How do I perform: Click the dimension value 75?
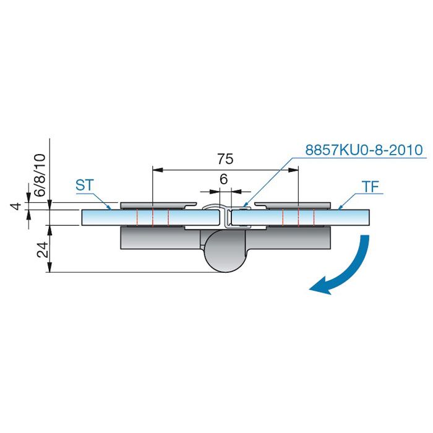[x=225, y=159]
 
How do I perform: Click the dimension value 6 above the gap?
[x=224, y=179]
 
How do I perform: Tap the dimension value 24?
[x=43, y=250]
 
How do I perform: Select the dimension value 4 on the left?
[x=17, y=206]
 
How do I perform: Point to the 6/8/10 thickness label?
[x=40, y=175]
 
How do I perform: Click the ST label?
[x=85, y=186]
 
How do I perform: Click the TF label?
[x=371, y=187]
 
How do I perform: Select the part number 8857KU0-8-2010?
[x=364, y=150]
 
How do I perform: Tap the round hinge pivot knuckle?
[x=224, y=251]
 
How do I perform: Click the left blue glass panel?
[x=150, y=217]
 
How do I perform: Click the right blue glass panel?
[x=301, y=217]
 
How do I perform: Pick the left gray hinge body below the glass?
[x=161, y=238]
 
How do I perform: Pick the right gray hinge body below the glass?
[x=288, y=238]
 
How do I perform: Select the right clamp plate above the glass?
[x=293, y=205]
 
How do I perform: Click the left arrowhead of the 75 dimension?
[x=158, y=169]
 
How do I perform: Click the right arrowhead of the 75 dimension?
[x=293, y=169]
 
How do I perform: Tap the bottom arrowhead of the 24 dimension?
[x=49, y=267]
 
